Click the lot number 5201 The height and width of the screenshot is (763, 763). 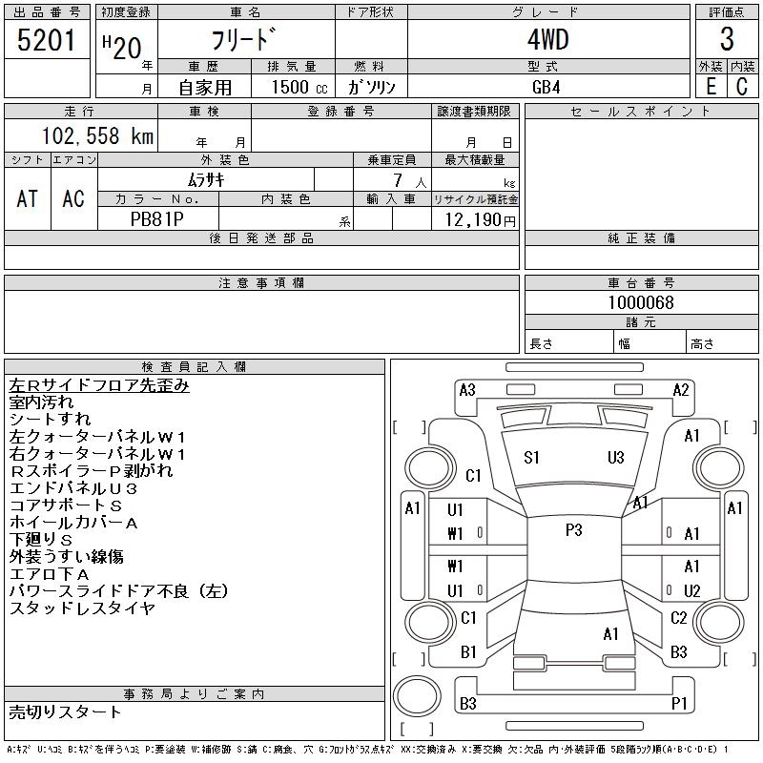pyautogui.click(x=46, y=40)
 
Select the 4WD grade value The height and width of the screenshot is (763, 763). pyautogui.click(x=548, y=39)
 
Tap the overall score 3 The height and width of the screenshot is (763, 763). pyautogui.click(x=727, y=39)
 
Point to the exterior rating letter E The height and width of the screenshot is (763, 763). pyautogui.click(x=711, y=86)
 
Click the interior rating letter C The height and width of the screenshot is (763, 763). pyautogui.click(x=742, y=86)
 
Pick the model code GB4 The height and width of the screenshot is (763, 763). pyautogui.click(x=546, y=87)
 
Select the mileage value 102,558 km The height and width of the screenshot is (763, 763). pyautogui.click(x=97, y=135)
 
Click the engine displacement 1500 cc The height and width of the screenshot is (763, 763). pyautogui.click(x=299, y=87)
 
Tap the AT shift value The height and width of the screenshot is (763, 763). pyautogui.click(x=27, y=198)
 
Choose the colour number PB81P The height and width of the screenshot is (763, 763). pyautogui.click(x=157, y=219)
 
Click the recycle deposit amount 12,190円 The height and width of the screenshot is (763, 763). pyautogui.click(x=480, y=220)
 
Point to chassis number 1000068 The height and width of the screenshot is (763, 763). pyautogui.click(x=641, y=302)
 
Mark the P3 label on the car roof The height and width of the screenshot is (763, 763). pyautogui.click(x=574, y=530)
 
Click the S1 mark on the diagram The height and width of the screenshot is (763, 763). pyautogui.click(x=531, y=458)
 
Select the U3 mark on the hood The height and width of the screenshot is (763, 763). pyautogui.click(x=615, y=458)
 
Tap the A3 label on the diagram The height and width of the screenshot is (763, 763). pyautogui.click(x=467, y=390)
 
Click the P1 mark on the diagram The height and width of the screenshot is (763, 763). pyautogui.click(x=679, y=703)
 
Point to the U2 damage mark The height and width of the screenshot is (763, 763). pyautogui.click(x=692, y=590)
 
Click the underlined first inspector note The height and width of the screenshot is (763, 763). pyautogui.click(x=99, y=385)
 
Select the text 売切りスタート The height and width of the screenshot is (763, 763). pyautogui.click(x=65, y=711)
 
